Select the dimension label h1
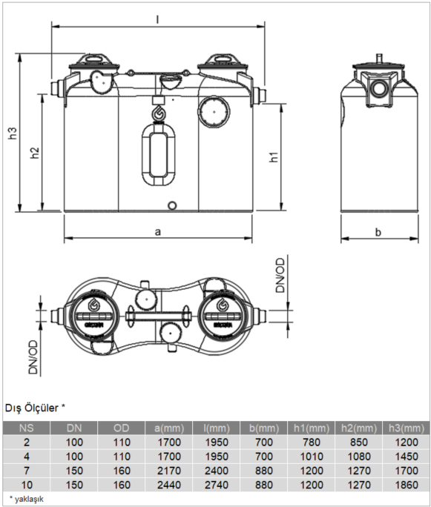click(274, 157)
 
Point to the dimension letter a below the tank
click(157, 231)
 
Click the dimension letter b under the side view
click(378, 232)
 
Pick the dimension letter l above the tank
click(157, 16)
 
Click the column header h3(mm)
click(404, 428)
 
